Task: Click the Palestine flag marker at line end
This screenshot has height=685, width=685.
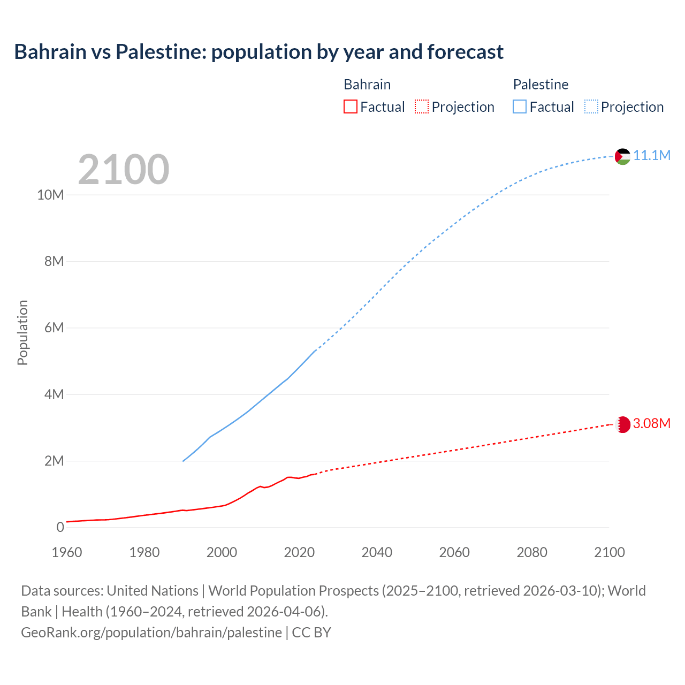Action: [x=622, y=156]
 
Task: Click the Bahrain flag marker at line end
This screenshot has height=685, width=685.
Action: [x=622, y=424]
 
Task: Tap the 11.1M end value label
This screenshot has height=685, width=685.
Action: [x=652, y=156]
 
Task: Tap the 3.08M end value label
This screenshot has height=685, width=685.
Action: [x=652, y=424]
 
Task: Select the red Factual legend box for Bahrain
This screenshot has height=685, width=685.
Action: [x=350, y=107]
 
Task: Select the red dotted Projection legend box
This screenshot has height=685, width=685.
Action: [x=422, y=107]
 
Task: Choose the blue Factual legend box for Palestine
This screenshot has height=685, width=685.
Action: [x=519, y=107]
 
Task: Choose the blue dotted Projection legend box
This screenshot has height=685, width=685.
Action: [x=591, y=107]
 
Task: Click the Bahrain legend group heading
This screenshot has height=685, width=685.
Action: [x=367, y=85]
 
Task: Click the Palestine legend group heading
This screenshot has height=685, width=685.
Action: [x=541, y=85]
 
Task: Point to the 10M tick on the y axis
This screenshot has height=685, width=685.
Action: [x=50, y=195]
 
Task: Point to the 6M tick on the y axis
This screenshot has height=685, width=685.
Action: [x=54, y=328]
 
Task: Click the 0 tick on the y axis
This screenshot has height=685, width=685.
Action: [x=60, y=527]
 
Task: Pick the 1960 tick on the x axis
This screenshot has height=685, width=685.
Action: [x=67, y=552]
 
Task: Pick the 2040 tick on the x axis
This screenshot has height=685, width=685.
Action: [x=377, y=552]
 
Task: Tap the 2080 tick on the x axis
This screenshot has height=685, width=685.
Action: [x=532, y=552]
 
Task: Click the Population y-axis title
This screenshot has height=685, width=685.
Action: [x=22, y=332]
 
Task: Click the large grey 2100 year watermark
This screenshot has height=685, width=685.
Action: [x=124, y=170]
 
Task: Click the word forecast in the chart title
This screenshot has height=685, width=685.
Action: [x=465, y=52]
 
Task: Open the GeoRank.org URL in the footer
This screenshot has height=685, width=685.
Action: [x=151, y=632]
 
